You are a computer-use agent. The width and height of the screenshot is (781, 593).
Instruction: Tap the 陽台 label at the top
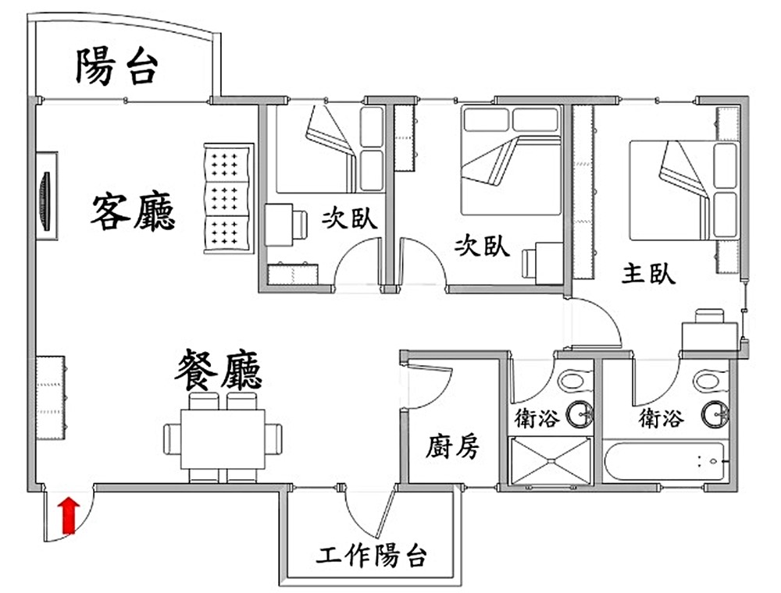[x=117, y=66]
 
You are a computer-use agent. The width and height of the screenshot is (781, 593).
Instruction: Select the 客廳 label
[x=133, y=212]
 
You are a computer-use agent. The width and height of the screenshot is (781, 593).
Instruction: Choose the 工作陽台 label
[x=373, y=557]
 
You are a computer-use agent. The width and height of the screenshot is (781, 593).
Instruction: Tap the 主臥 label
[x=648, y=274]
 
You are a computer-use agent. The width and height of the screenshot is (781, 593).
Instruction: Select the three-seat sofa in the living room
[x=228, y=197]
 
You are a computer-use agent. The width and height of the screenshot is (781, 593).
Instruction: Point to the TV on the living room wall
[x=45, y=201]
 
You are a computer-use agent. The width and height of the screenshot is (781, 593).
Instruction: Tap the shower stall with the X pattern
[x=550, y=461]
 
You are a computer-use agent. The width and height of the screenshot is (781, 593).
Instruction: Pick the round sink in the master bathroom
[x=715, y=414]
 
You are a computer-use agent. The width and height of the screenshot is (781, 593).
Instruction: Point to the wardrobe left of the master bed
[x=583, y=191]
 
